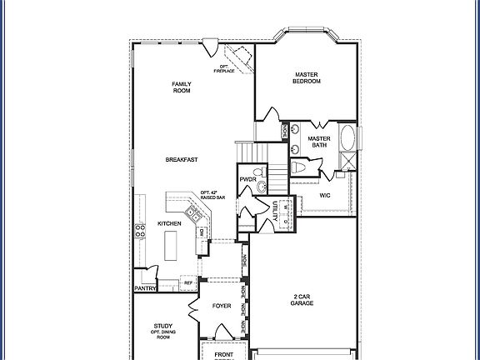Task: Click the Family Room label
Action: click(x=181, y=87)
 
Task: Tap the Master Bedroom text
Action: click(x=307, y=78)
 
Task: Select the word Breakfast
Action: click(x=181, y=160)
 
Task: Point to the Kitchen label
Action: click(x=170, y=224)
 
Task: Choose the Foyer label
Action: click(x=221, y=306)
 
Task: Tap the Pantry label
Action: click(x=145, y=288)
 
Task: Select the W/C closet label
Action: click(x=325, y=196)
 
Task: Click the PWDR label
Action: click(x=247, y=179)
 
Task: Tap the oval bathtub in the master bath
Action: click(x=348, y=138)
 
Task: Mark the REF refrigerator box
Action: click(x=188, y=283)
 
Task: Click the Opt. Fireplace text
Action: click(x=225, y=69)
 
